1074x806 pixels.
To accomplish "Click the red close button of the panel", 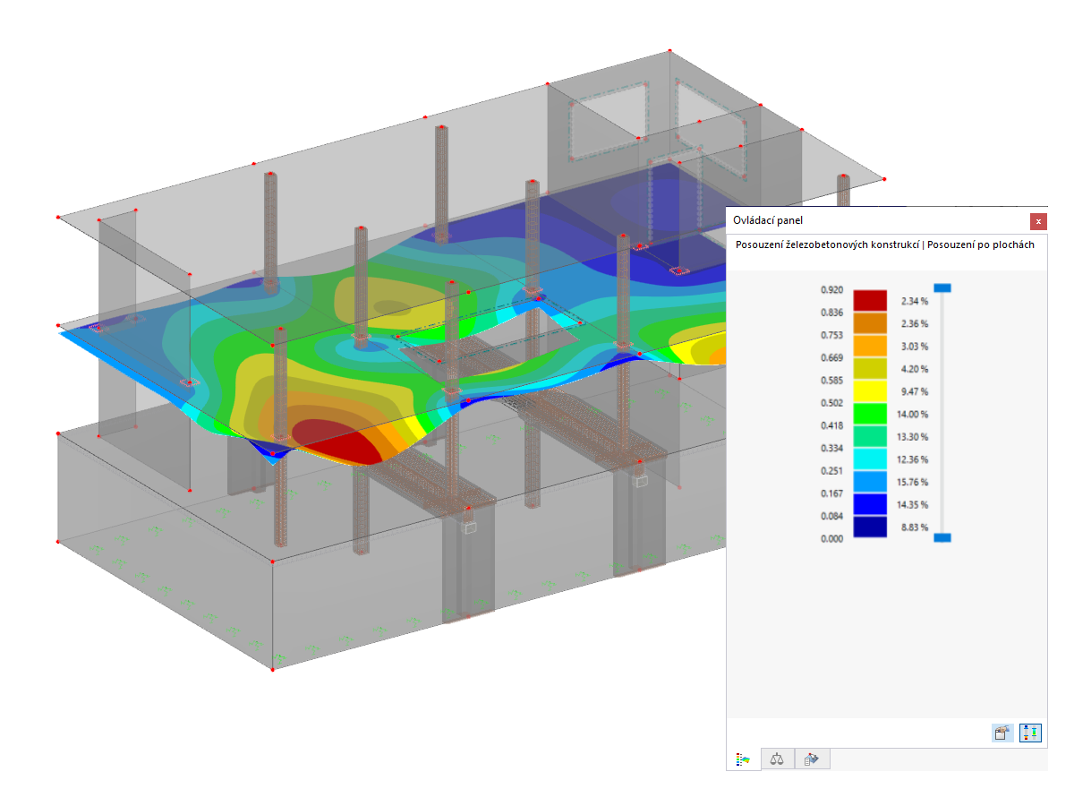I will (1037, 220).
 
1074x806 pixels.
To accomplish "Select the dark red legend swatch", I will (869, 301).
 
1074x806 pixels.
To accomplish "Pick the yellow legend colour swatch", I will (869, 391).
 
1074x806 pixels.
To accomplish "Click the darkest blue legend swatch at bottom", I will (869, 527).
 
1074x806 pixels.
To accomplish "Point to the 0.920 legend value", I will (831, 290).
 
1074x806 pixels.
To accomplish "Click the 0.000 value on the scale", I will (831, 539).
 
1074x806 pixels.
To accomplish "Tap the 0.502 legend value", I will (831, 403).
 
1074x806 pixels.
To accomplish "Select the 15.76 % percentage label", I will (913, 482).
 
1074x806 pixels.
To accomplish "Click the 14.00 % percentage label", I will (913, 415).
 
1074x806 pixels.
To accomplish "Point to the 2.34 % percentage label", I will (913, 302).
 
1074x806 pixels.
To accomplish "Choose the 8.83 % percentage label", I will (913, 527).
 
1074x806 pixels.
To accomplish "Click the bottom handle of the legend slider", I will (942, 537).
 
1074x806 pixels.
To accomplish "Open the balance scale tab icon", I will (777, 759).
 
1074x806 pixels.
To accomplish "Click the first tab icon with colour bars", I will (743, 759).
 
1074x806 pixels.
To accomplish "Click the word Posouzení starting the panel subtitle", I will (760, 244).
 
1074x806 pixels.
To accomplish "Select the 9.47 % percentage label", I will (913, 391).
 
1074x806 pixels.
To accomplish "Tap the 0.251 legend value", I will (831, 471).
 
